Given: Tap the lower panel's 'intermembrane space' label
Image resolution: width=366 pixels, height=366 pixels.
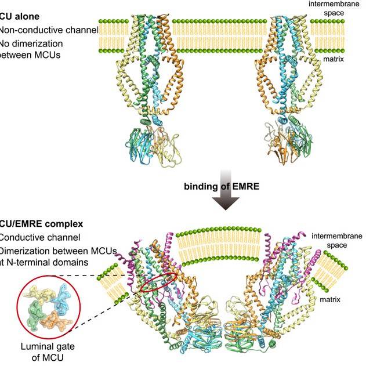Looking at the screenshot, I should pos(336,240).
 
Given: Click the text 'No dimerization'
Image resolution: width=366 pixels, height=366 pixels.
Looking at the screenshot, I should pos(30,43).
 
